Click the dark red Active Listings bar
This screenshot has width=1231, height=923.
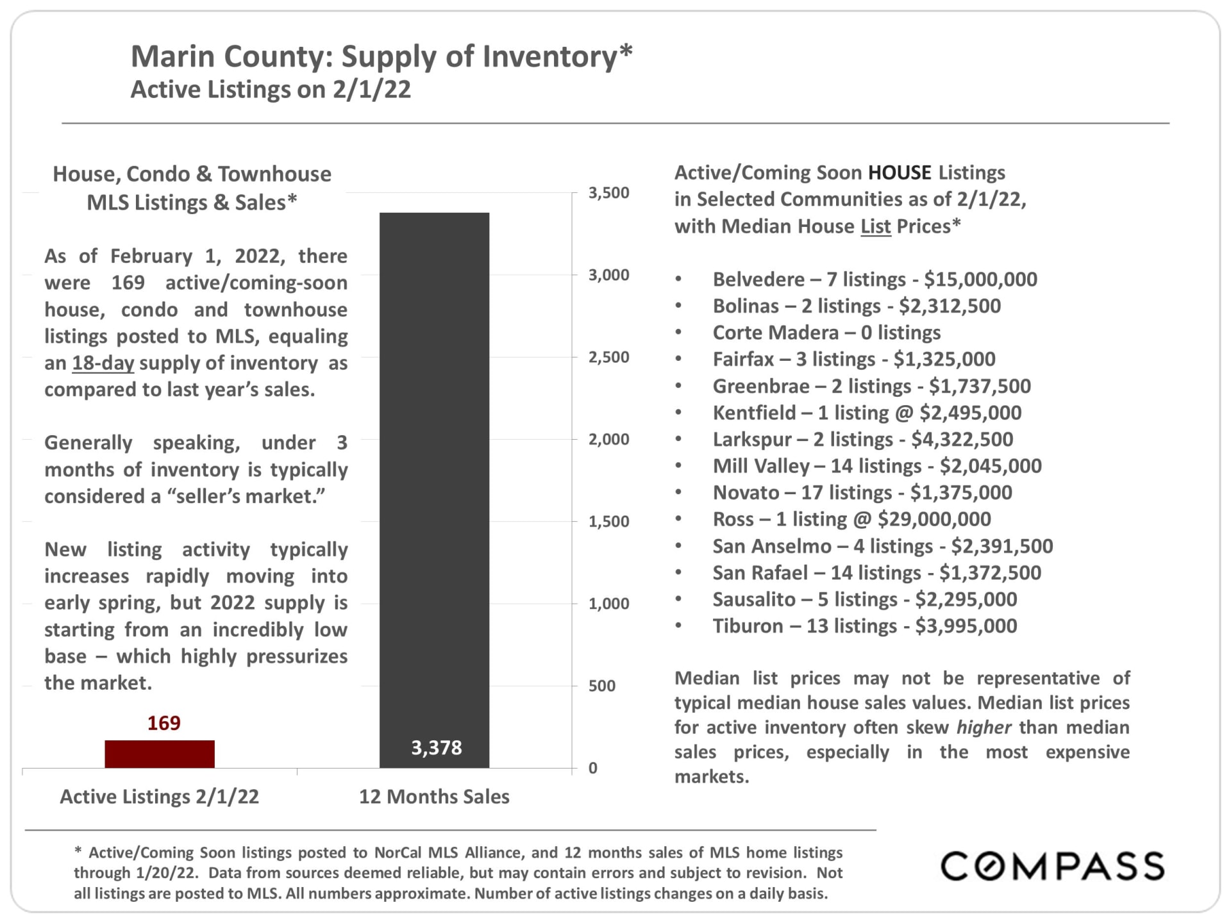160,754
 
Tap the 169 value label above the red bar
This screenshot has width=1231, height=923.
164,723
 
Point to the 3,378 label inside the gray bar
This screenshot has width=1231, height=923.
436,747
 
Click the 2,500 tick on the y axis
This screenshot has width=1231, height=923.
608,357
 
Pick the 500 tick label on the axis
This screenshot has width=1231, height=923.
601,686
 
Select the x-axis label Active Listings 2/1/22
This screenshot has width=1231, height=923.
159,796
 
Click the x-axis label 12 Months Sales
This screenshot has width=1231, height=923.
434,796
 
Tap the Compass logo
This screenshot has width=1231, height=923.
1051,866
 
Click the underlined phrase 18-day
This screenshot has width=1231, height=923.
103,363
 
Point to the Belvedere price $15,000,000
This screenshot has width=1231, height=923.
980,279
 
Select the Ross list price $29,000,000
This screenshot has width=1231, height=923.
934,519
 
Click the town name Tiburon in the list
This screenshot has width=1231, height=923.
748,626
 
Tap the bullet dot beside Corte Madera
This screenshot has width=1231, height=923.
678,333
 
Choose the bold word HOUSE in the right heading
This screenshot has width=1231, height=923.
900,172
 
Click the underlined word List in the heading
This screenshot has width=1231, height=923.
876,226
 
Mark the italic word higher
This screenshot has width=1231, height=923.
984,728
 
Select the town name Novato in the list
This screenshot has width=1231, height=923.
746,492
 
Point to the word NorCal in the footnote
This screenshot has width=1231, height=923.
398,852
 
